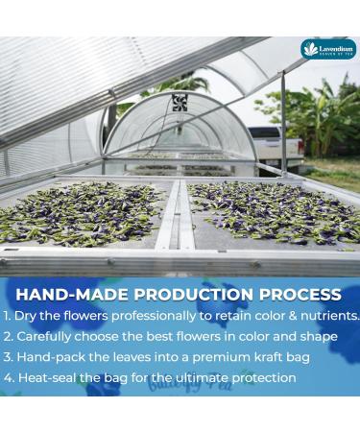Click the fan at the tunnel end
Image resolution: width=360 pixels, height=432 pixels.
(x=180, y=102)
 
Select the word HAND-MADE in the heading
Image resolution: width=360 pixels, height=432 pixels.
(x=61, y=294)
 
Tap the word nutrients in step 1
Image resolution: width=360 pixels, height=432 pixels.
(x=325, y=316)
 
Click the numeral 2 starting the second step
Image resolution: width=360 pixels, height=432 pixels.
(x=7, y=337)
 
